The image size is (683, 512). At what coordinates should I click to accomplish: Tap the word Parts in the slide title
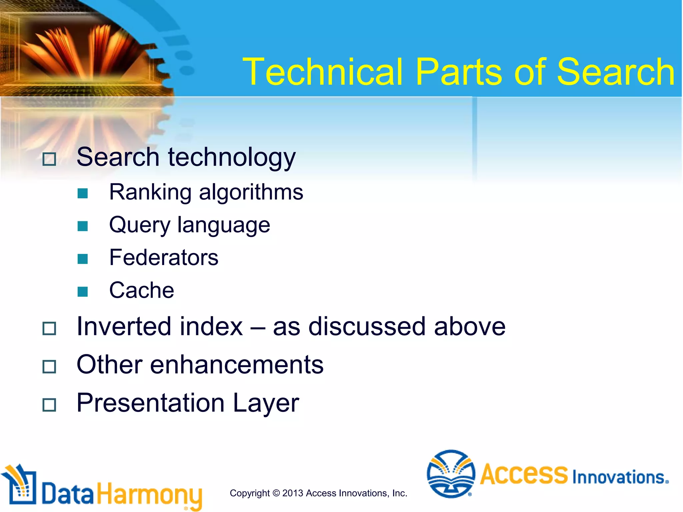pyautogui.click(x=459, y=72)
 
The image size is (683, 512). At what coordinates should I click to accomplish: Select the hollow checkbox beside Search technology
pyautogui.click(x=49, y=159)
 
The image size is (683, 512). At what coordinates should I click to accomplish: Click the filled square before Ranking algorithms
pyautogui.click(x=82, y=193)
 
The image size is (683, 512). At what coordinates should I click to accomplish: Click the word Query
pyautogui.click(x=140, y=225)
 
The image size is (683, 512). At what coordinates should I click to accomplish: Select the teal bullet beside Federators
pyautogui.click(x=82, y=259)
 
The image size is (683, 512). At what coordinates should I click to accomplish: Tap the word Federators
pyautogui.click(x=163, y=258)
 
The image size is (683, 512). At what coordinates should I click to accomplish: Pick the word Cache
pyautogui.click(x=141, y=290)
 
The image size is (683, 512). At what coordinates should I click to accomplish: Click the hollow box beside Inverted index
pyautogui.click(x=49, y=328)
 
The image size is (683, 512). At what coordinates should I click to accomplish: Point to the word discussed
pyautogui.click(x=367, y=326)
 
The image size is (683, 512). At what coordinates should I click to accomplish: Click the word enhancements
pyautogui.click(x=236, y=365)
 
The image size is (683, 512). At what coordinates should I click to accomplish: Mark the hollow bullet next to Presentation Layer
pyautogui.click(x=49, y=405)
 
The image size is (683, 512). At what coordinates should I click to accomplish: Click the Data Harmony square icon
pyautogui.click(x=20, y=485)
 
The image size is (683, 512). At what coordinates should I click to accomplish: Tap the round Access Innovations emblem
pyautogui.click(x=451, y=474)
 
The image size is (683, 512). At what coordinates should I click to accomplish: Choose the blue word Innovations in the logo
pyautogui.click(x=620, y=477)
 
